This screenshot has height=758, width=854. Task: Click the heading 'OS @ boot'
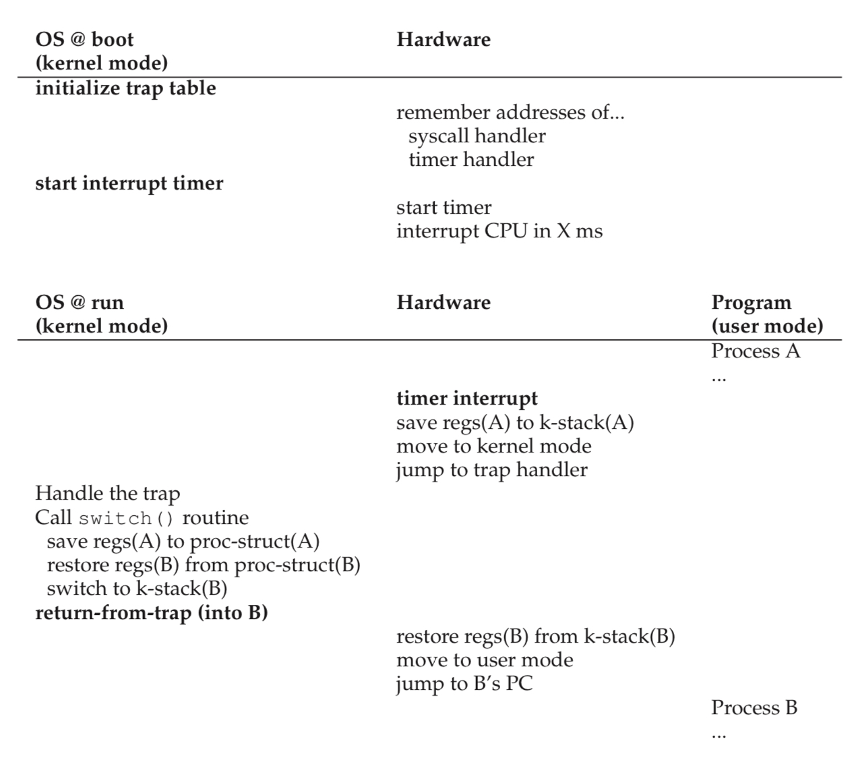tap(84, 39)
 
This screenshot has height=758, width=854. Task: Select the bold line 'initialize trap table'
tap(125, 88)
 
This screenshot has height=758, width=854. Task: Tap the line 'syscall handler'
tap(477, 136)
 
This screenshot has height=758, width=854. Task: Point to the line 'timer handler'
tap(471, 159)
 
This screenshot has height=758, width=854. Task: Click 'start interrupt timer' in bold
tap(129, 183)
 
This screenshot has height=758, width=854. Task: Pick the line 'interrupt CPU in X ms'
tap(499, 231)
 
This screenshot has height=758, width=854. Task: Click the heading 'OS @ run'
tap(80, 302)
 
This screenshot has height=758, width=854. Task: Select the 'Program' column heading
tap(751, 303)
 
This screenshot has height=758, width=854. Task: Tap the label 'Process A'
tap(756, 351)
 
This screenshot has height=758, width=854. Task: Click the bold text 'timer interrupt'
tap(467, 399)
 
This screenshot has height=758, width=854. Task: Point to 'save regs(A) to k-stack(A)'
tap(515, 423)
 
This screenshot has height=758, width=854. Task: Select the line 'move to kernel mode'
tap(494, 446)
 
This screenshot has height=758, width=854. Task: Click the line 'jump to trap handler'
tap(492, 470)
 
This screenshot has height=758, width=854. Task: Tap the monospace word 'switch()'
tap(126, 519)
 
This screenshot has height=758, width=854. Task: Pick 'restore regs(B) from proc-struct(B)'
tap(204, 565)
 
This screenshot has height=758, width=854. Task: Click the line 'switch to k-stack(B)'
tap(137, 589)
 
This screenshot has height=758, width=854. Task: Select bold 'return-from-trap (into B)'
tap(152, 613)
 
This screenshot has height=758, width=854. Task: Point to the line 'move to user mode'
tap(485, 660)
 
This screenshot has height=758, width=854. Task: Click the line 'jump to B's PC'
tap(464, 684)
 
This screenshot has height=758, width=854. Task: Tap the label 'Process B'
tap(754, 708)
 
